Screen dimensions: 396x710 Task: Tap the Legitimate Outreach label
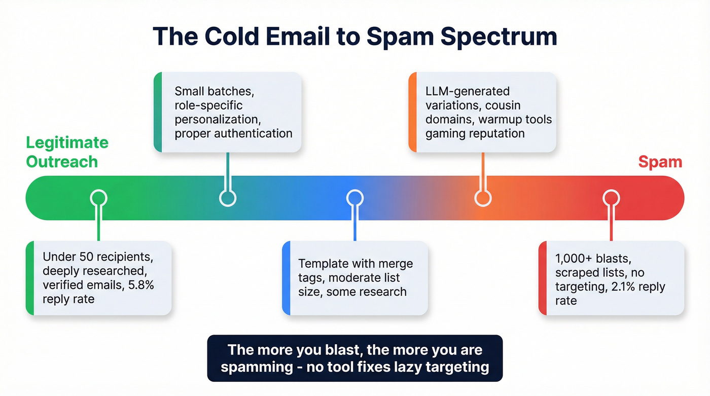coord(67,152)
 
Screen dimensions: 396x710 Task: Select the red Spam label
coord(660,162)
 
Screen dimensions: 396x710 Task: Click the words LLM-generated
coord(468,92)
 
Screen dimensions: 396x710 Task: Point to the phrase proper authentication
coord(233,134)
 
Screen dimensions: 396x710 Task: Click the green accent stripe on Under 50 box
coord(29,278)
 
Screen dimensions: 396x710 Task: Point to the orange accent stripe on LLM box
coord(412,112)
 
